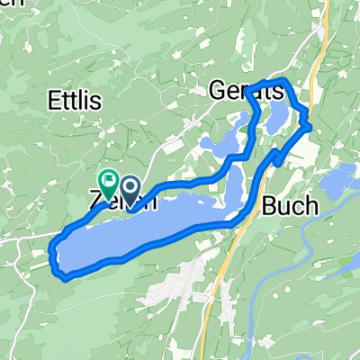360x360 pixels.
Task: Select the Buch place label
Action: [x=291, y=206]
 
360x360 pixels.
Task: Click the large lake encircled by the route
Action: [x=144, y=234]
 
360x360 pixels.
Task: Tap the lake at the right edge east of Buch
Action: [x=342, y=184]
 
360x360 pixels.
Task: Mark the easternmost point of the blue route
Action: [x=312, y=127]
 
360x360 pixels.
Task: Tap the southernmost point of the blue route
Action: [x=66, y=278]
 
